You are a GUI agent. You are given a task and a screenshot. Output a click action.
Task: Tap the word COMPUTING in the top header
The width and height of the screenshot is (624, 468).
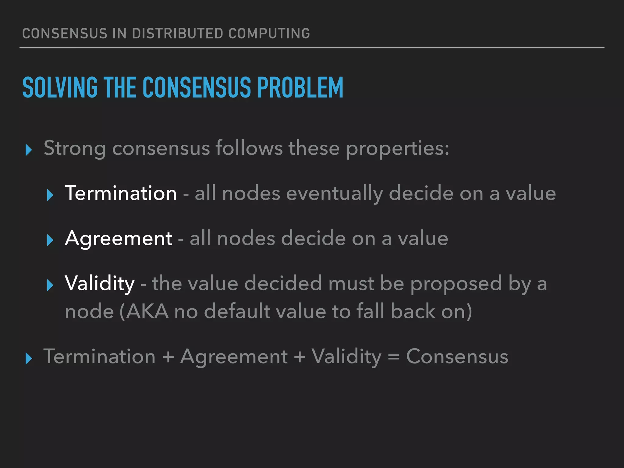[x=269, y=34]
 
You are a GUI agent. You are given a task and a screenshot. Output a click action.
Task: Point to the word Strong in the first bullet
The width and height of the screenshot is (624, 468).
[x=75, y=148]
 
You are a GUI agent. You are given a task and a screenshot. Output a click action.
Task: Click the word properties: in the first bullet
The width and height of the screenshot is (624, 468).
[x=397, y=149]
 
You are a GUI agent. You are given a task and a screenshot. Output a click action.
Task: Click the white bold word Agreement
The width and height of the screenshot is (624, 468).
[x=119, y=239]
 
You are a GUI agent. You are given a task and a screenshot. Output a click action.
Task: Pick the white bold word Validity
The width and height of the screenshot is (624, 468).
[x=100, y=284]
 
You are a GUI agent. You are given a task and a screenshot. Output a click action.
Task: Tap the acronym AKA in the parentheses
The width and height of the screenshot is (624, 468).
[x=147, y=312]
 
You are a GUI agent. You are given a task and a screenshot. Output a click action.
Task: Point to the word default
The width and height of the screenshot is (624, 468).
[x=237, y=312]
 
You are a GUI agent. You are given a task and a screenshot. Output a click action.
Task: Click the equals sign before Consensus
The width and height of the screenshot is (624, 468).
[x=394, y=357]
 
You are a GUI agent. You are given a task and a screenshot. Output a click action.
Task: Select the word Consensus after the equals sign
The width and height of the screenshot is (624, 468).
[x=457, y=356]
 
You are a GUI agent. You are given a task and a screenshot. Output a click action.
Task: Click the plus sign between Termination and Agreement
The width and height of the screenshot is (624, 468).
[x=168, y=357]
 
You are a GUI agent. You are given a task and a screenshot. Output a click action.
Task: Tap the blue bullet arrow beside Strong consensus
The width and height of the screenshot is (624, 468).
[x=29, y=150]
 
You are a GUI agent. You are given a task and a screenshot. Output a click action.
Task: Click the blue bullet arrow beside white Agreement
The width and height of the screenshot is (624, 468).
[x=50, y=240]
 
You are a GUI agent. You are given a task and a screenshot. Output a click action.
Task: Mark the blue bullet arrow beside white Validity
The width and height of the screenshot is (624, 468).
[x=50, y=285]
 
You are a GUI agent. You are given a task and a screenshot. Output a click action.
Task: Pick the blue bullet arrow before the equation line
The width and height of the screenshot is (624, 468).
[x=29, y=358]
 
